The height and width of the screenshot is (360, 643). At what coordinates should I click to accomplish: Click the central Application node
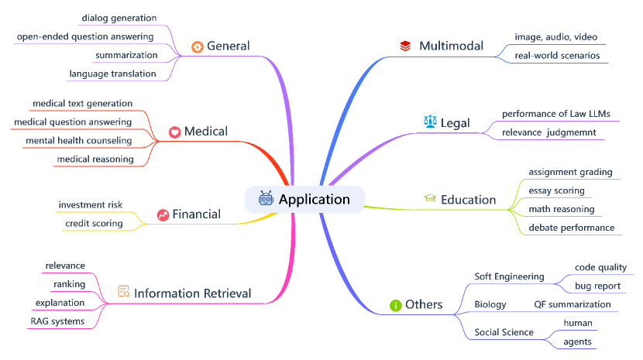[314, 200]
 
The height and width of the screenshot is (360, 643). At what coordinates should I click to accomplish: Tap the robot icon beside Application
[266, 200]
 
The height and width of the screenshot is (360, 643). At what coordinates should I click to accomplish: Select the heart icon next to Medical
[175, 132]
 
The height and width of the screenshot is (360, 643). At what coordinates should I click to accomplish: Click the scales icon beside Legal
[430, 122]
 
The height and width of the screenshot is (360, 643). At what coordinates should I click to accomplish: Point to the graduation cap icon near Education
[430, 199]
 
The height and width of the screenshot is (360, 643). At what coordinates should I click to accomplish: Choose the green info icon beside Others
[396, 305]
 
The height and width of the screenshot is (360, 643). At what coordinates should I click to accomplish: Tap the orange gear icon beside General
[197, 46]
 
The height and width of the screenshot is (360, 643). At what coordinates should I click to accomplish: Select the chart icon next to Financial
[163, 214]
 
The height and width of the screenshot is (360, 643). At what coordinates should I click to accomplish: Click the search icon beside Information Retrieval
[123, 292]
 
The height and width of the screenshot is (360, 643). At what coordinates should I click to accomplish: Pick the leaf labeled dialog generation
[119, 17]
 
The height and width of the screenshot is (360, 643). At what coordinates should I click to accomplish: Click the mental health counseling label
[78, 140]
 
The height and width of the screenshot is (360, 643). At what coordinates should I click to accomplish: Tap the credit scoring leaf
[93, 223]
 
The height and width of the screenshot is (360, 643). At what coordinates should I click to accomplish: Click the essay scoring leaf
[556, 190]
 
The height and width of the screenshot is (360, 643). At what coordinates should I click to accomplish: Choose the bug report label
[597, 286]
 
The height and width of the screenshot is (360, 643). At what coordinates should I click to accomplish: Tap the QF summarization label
[572, 304]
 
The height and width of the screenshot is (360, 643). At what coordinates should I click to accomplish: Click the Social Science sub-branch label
[504, 332]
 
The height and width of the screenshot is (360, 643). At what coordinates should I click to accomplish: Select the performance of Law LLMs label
[555, 114]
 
